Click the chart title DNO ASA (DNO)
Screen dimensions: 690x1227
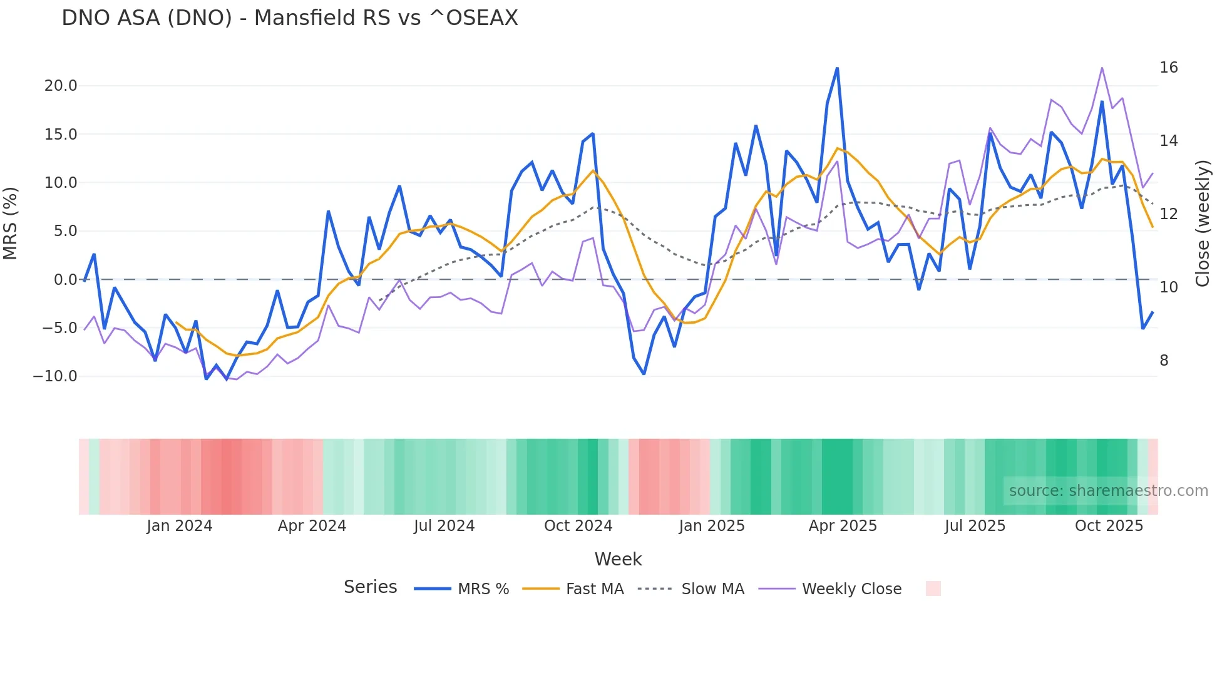[x=289, y=18]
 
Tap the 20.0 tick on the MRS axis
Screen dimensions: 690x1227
[x=61, y=86]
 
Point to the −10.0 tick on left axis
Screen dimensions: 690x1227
[x=55, y=376]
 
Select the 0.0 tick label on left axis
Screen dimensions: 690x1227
[x=65, y=280]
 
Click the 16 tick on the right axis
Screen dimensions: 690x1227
[x=1168, y=68]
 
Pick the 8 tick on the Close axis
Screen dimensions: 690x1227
[x=1164, y=361]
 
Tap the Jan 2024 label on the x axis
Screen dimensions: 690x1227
[x=180, y=526]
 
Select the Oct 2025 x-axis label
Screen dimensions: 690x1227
[x=1109, y=526]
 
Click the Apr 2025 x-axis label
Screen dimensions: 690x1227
[x=843, y=526]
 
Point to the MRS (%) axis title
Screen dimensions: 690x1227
[x=11, y=224]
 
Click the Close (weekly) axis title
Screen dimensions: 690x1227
[x=1203, y=224]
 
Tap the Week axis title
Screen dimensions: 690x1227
[x=618, y=559]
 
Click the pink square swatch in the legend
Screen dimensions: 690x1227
[x=933, y=589]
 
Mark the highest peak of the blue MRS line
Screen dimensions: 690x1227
[x=837, y=68]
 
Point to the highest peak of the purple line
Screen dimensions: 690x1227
[x=1102, y=68]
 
